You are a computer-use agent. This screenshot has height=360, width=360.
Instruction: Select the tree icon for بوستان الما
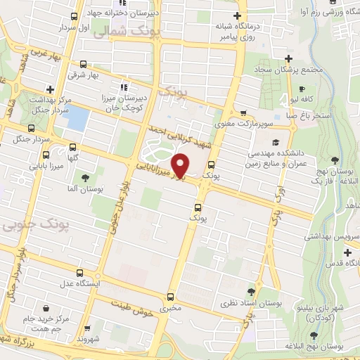pos(86,177)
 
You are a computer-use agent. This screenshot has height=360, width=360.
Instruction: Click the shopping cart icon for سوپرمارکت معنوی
pos(243,112)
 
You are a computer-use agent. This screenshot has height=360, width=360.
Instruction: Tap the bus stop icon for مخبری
pos(171,297)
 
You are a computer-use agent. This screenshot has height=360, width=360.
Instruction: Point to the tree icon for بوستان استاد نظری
pos(251,291)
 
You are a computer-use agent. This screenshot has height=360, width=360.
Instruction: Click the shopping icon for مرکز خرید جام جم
pos(46,308)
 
